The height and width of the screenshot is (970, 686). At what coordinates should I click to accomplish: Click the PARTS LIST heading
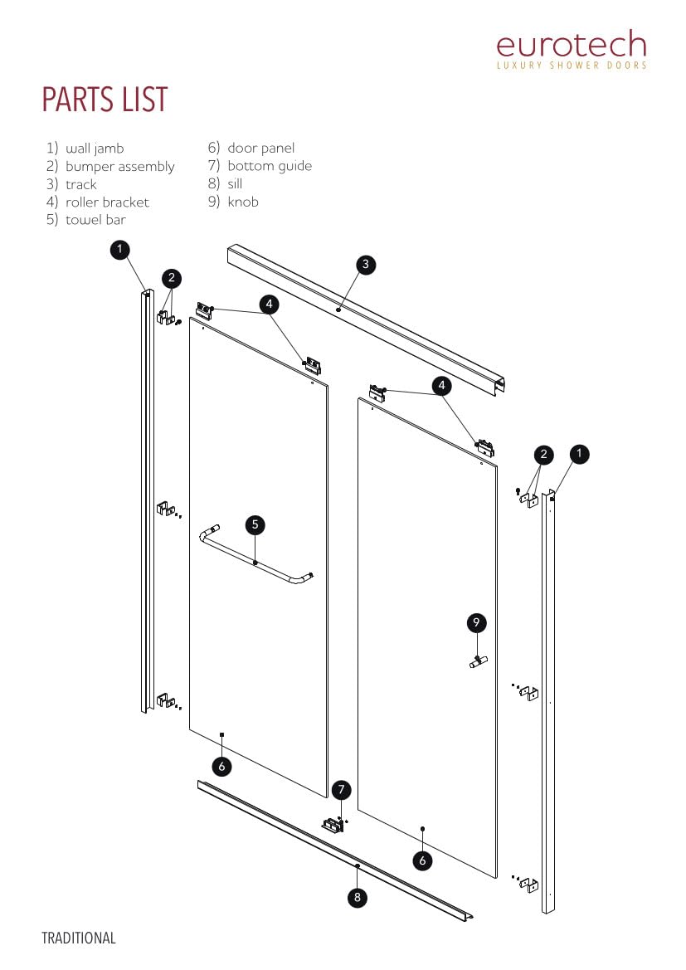[x=105, y=100]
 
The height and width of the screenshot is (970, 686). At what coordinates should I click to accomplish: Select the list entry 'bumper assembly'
[x=119, y=167]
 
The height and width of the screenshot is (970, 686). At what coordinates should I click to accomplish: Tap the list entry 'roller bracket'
[x=107, y=202]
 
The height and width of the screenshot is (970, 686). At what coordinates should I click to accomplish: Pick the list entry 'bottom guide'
[x=269, y=166]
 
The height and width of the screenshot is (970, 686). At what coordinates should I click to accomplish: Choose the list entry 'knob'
[x=242, y=202]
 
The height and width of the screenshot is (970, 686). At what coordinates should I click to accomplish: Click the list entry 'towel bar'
[x=95, y=221]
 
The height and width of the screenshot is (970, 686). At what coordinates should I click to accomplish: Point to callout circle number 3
[x=366, y=265]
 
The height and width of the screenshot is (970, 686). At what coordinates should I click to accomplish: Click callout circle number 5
[x=255, y=524]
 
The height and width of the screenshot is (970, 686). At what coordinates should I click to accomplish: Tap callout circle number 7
[x=341, y=789]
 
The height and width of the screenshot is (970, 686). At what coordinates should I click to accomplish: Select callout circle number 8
[x=357, y=897]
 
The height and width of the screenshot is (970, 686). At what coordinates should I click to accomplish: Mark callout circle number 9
[x=476, y=622]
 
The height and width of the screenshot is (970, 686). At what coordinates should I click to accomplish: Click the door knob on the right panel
[x=478, y=661]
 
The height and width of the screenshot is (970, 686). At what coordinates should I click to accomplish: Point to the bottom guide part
[x=334, y=825]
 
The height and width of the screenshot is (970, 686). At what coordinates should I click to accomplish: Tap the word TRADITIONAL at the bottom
[x=79, y=938]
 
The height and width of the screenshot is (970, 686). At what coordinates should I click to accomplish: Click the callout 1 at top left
[x=120, y=248]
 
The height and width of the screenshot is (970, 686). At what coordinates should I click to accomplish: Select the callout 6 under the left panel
[x=221, y=766]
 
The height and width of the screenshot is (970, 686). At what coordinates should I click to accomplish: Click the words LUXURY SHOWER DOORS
[x=571, y=65]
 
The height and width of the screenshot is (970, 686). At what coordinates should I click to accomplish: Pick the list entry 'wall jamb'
[x=94, y=149]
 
